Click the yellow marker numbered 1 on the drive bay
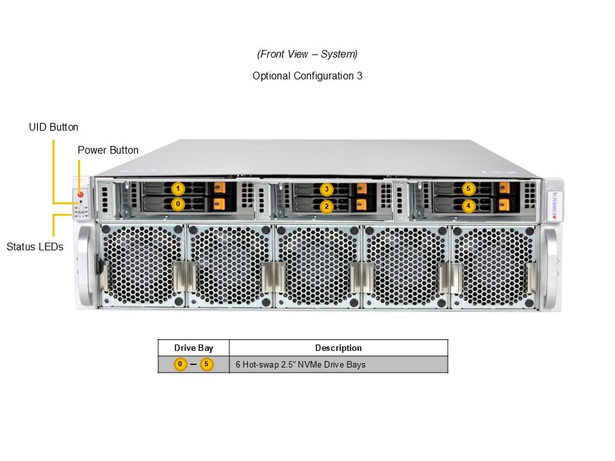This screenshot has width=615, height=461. [x=179, y=189]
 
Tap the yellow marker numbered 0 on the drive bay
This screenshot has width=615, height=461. [x=179, y=204]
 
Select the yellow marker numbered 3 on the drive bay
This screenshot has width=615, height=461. [x=327, y=190]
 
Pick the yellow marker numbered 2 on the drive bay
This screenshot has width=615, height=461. [x=327, y=206]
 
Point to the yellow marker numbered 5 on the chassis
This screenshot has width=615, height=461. [x=469, y=189]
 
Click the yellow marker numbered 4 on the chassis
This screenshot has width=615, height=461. [x=469, y=206]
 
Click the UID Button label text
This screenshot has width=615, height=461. [x=54, y=127]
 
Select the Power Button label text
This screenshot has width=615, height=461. [x=108, y=150]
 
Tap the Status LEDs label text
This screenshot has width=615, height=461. [x=35, y=247]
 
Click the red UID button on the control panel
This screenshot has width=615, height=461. [x=81, y=193]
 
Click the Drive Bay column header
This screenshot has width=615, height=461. [x=193, y=348]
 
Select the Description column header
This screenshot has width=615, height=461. [x=338, y=348]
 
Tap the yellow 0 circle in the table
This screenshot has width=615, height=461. [x=181, y=365]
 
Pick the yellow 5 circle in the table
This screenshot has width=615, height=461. [x=206, y=365]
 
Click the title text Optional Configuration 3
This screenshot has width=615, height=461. [x=307, y=76]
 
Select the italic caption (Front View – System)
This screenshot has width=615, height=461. [x=307, y=54]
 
